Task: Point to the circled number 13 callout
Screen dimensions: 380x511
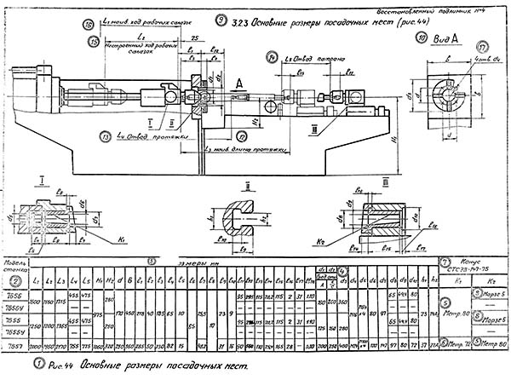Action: tap(106, 135)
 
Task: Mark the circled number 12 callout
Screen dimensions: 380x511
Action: tap(242, 135)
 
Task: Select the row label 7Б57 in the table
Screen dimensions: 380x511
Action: tap(17, 347)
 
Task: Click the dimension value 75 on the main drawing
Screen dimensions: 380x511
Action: tap(197, 38)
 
